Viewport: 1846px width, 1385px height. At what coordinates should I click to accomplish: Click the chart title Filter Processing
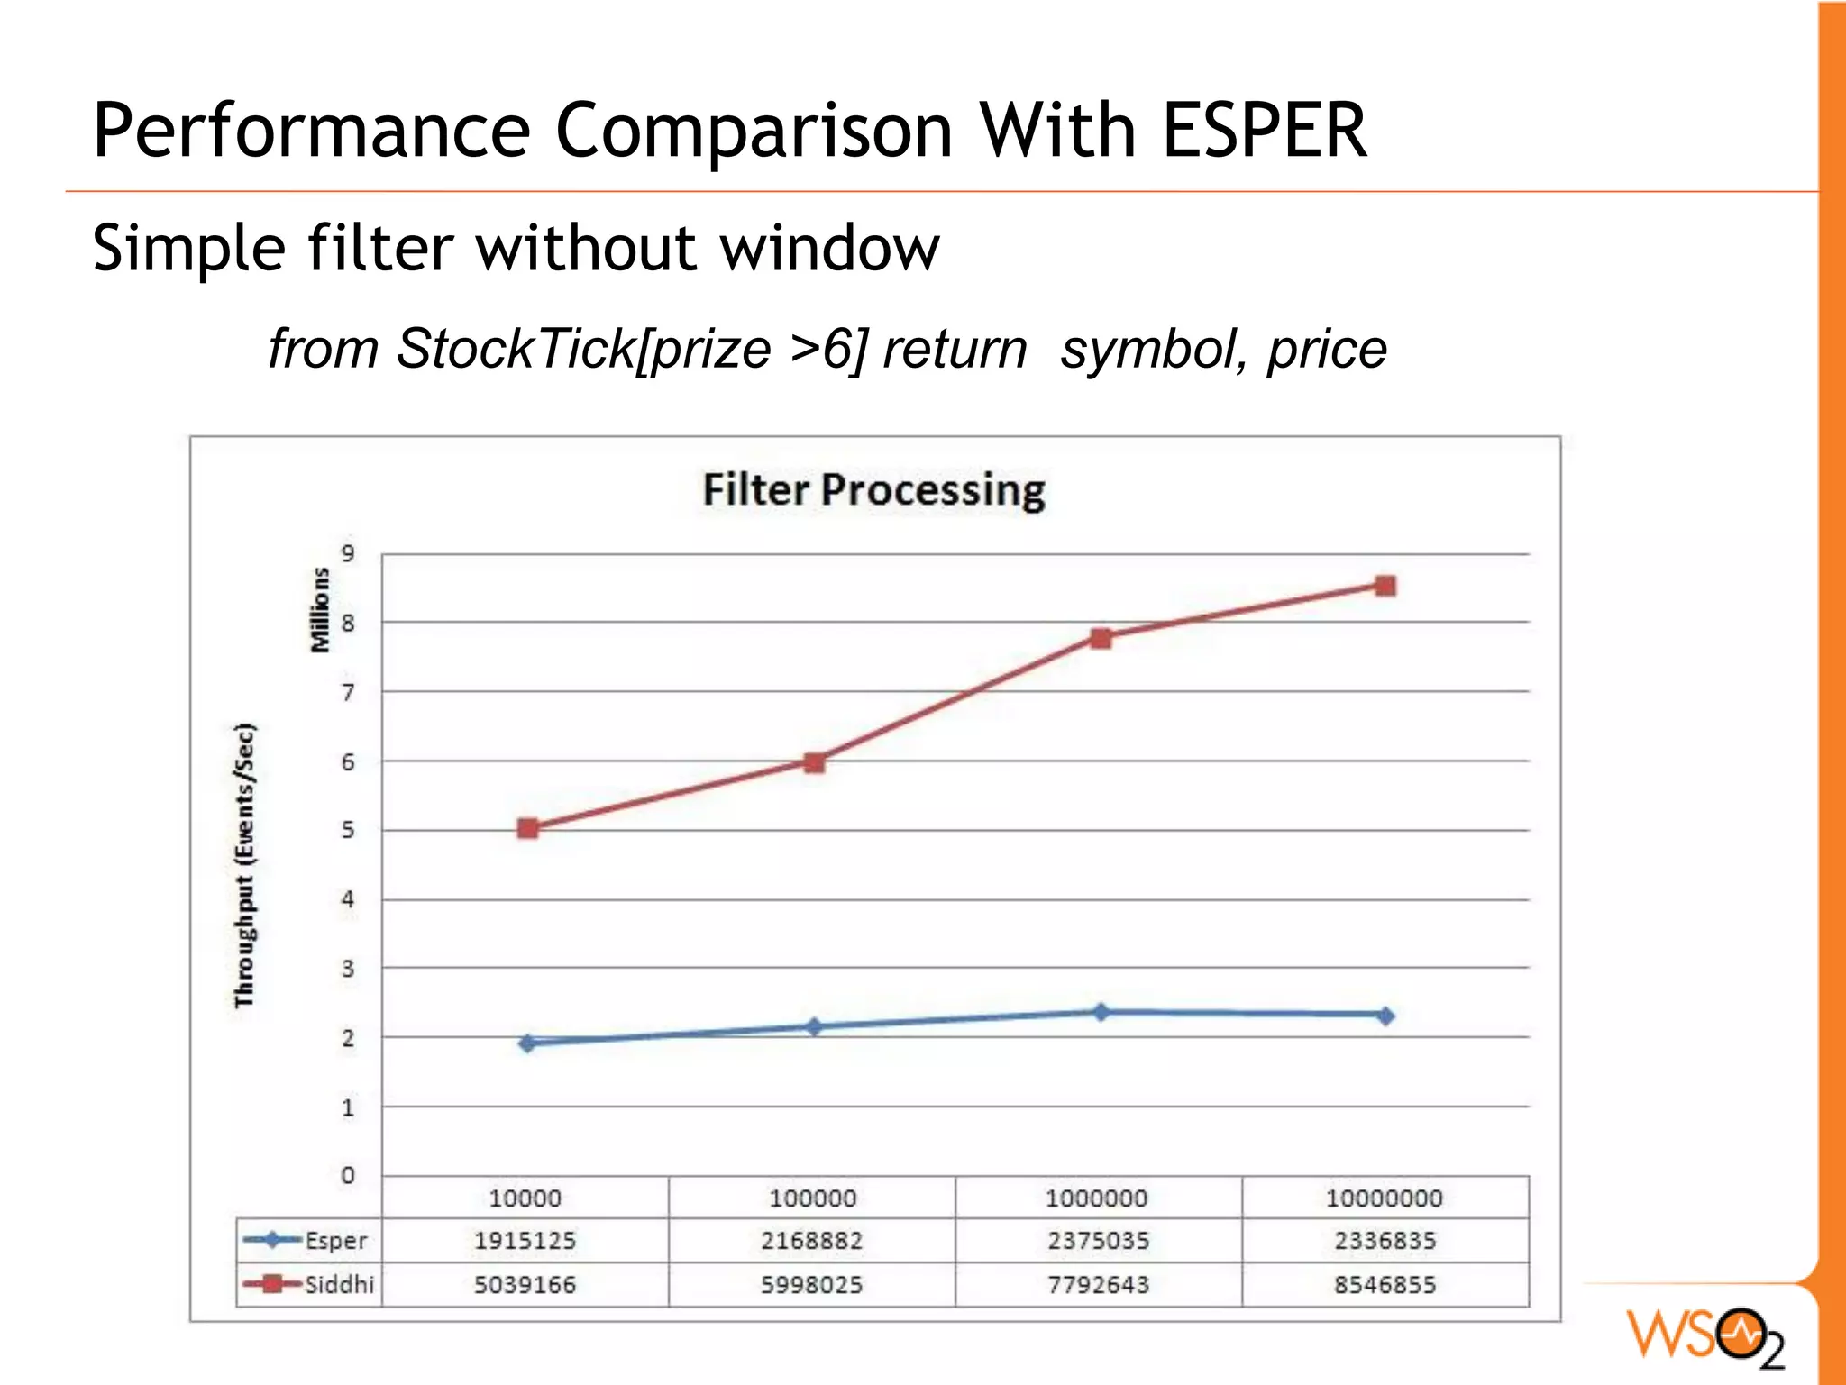click(873, 491)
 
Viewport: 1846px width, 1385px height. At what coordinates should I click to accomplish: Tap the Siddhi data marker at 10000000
click(1385, 587)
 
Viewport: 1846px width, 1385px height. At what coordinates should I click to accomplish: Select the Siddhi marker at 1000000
click(1100, 639)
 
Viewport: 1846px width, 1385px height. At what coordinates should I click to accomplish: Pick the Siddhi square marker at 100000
click(813, 763)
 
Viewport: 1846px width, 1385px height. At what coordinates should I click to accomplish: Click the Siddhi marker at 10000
click(528, 828)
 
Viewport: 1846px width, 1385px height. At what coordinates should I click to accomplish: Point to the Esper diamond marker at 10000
click(528, 1043)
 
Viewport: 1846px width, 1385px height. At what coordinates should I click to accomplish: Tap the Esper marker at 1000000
click(1100, 1012)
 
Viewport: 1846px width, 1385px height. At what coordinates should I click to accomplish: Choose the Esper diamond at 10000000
click(1385, 1016)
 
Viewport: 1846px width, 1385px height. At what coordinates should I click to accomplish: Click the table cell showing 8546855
click(1384, 1284)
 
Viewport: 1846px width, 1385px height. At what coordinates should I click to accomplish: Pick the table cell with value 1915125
click(525, 1241)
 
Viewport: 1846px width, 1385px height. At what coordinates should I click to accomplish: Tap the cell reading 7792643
click(1098, 1284)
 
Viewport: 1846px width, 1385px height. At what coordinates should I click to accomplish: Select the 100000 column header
click(812, 1198)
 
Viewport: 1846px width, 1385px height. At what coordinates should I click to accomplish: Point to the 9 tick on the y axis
click(348, 553)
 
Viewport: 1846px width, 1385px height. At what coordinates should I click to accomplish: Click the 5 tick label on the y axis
click(348, 830)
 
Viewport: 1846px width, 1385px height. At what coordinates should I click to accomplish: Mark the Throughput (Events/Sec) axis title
click(244, 865)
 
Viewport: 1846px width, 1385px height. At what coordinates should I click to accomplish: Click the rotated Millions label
click(319, 610)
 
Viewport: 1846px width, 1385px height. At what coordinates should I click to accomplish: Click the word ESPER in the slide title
click(1265, 132)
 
